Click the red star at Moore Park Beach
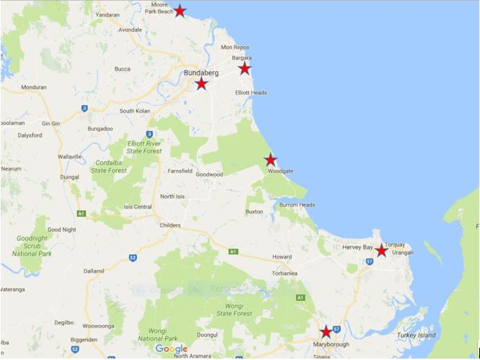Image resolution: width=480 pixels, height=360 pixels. pos(179,12)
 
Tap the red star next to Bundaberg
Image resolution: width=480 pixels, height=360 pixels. pos(202,84)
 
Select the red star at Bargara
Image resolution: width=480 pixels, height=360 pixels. pos(245,68)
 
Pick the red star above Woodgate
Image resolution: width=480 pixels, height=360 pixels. pos(270,160)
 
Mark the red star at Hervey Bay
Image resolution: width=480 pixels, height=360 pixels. pos(381,251)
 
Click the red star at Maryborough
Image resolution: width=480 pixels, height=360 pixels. pos(326,332)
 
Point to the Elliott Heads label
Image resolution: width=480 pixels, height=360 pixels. pos(251,93)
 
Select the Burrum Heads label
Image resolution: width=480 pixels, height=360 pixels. pos(298,205)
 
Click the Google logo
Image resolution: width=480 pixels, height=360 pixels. pos(172,349)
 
